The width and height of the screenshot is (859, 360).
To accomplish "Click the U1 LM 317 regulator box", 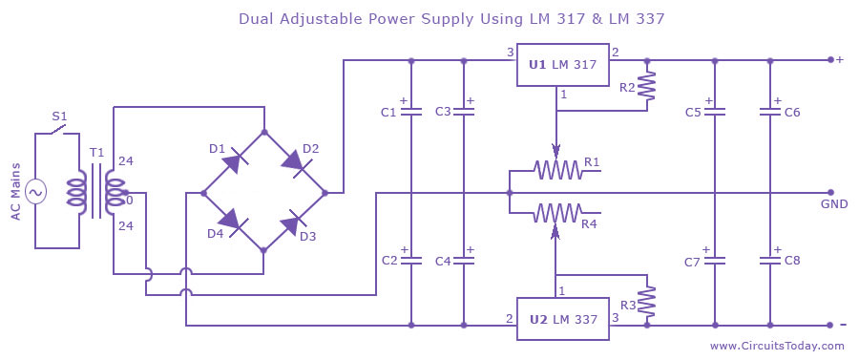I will point(562,65).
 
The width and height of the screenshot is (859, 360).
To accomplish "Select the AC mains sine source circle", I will point(36,192).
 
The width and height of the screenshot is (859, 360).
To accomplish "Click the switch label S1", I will point(59,117).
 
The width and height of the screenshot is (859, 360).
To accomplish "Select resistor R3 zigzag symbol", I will point(648,303).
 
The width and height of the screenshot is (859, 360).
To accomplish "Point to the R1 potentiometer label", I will point(592,161).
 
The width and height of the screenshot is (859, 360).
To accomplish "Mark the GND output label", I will point(832,204).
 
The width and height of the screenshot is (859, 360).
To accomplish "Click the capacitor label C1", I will point(388,113).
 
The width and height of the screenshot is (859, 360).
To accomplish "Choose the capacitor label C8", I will point(792,261).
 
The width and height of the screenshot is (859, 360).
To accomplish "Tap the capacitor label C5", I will point(693,113).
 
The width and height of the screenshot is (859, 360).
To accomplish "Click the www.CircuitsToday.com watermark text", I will point(777,346).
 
